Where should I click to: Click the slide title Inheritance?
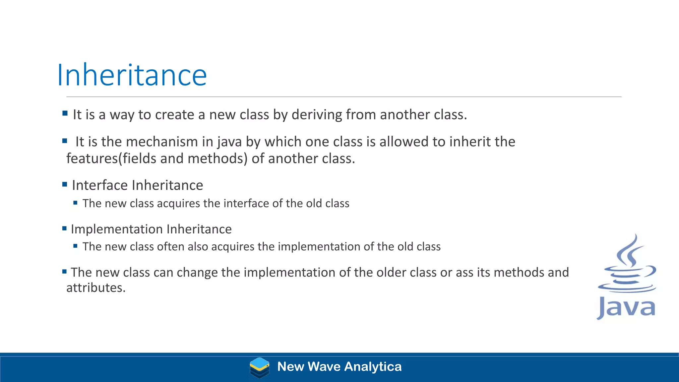[x=132, y=75]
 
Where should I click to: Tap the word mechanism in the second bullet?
[x=162, y=142]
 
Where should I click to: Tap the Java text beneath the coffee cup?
[x=626, y=307]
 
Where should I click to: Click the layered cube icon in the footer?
[x=259, y=367]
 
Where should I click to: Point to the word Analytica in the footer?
[x=373, y=367]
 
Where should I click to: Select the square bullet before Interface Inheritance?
[x=65, y=184]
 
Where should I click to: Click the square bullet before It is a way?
[x=65, y=113]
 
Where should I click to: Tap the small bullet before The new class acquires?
[x=75, y=203]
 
